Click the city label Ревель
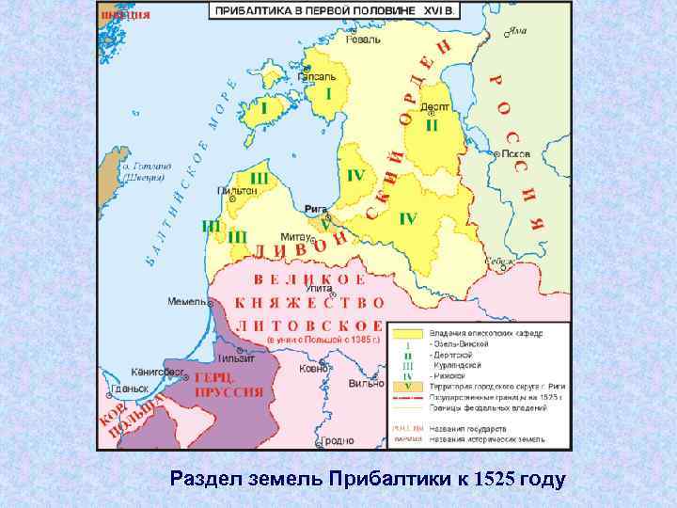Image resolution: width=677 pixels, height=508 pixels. [x=363, y=40]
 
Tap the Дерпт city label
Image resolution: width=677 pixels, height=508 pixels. [x=432, y=109]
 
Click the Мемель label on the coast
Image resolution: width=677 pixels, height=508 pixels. [x=187, y=302]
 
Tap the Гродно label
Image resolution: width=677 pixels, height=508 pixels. [x=336, y=439]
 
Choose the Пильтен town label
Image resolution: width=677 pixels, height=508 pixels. [x=237, y=189]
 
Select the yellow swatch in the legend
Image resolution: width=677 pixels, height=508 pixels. [x=407, y=333]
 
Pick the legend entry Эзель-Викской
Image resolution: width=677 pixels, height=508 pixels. [x=460, y=345]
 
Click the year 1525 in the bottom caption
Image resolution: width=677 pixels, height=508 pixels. [x=496, y=479]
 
